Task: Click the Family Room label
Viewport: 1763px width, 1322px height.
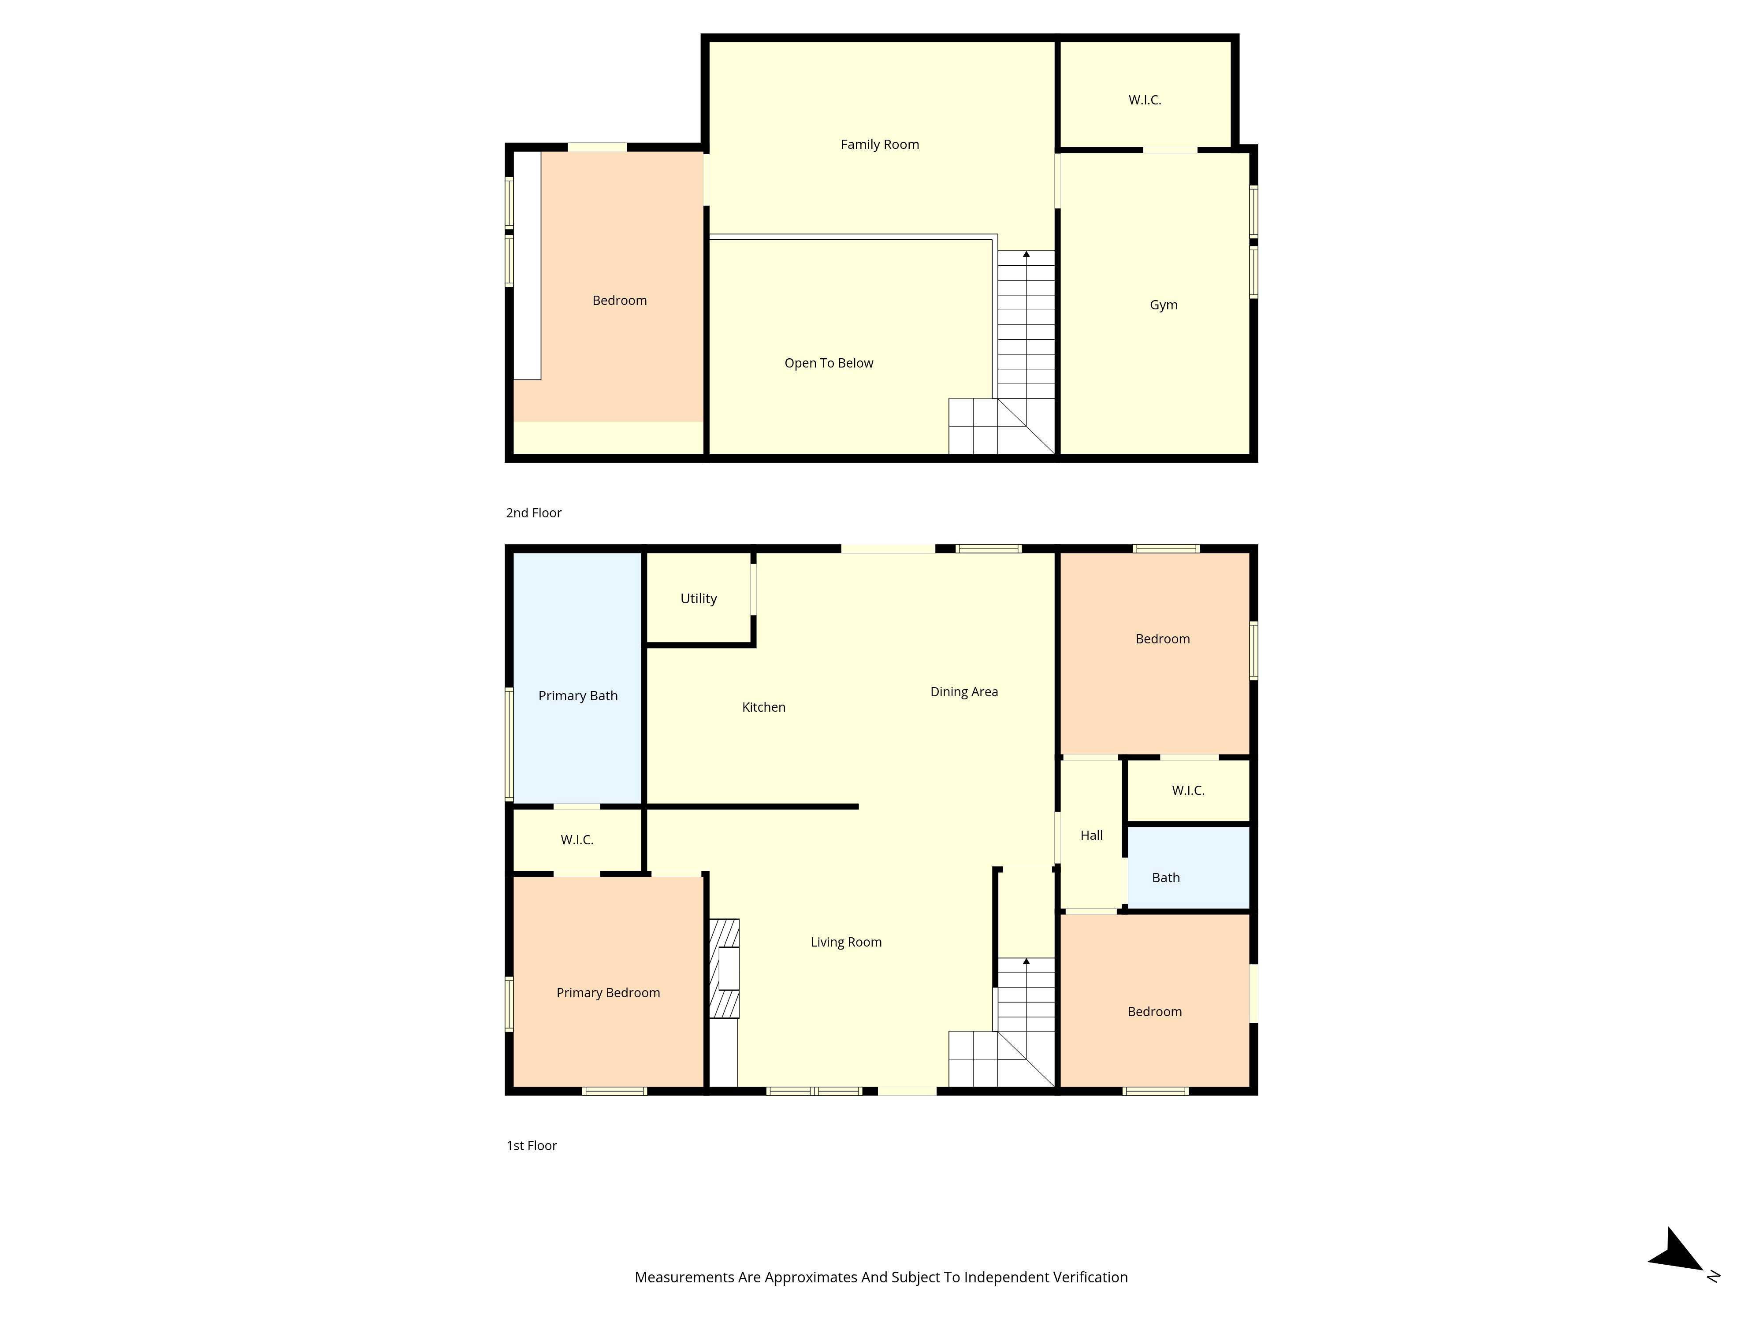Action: [x=879, y=144]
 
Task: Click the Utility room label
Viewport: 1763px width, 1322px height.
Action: [x=698, y=598]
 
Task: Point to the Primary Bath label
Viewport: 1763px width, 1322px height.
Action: [x=578, y=696]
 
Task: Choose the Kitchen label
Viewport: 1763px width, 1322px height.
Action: [x=763, y=707]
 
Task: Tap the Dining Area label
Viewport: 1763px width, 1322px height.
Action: [x=963, y=692]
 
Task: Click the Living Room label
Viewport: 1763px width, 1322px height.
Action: [x=846, y=942]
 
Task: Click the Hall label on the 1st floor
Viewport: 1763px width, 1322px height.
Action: [x=1091, y=835]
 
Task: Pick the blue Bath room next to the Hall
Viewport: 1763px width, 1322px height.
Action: [x=1187, y=869]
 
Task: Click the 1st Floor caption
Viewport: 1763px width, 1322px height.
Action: [x=532, y=1145]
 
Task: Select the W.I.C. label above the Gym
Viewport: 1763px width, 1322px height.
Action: [x=1145, y=100]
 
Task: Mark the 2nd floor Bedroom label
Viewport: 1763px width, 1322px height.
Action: [x=619, y=301]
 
